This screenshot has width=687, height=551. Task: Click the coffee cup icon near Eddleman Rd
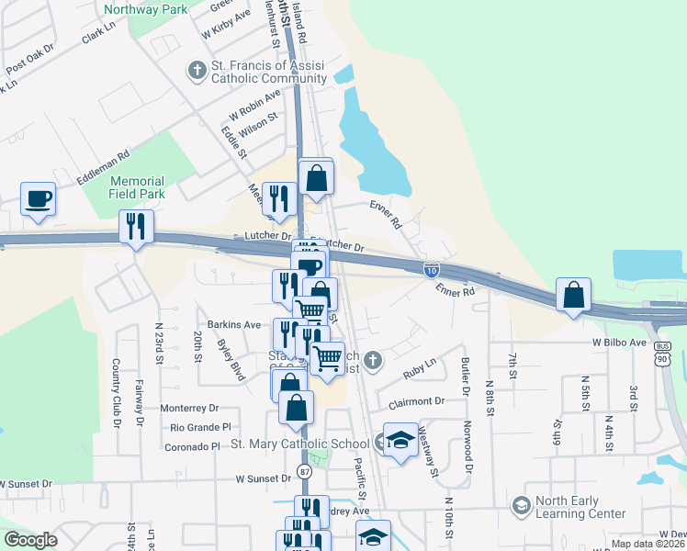point(38,199)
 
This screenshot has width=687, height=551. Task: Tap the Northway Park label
point(145,10)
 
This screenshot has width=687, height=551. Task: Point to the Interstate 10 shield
point(432,269)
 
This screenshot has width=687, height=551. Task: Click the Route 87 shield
point(305,471)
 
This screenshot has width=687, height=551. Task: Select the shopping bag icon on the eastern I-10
point(573,296)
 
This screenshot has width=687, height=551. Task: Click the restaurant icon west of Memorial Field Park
point(136,227)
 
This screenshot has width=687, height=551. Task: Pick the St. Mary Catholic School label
point(300,444)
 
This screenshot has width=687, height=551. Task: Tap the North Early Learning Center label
point(581,508)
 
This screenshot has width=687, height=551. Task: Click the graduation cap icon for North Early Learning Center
point(522,506)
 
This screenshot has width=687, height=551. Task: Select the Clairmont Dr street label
point(416,401)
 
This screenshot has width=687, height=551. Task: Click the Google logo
point(30,540)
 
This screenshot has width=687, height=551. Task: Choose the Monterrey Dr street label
point(190,408)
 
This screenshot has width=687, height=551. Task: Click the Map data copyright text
point(648,544)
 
